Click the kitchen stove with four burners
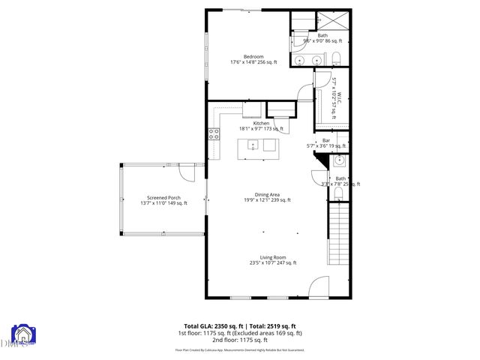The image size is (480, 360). pyautogui.click(x=213, y=135)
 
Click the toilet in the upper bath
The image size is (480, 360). pyautogui.click(x=337, y=59)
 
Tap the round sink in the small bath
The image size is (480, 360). pyautogui.click(x=339, y=160)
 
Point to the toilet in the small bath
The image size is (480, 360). pyautogui.click(x=338, y=195)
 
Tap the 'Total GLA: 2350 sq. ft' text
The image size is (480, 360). pyautogui.click(x=211, y=325)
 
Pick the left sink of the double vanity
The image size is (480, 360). pyautogui.click(x=298, y=60)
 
